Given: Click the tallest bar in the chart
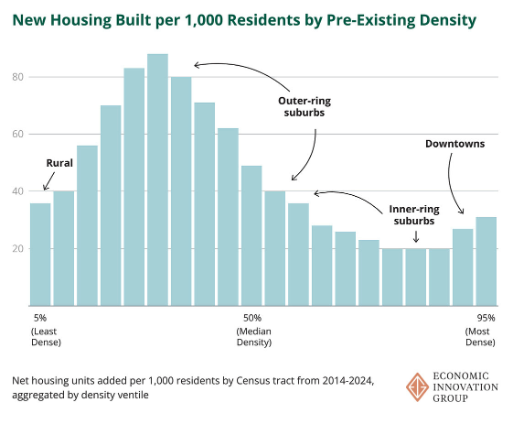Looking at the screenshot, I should coord(157,179).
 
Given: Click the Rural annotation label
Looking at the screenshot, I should coord(59,163).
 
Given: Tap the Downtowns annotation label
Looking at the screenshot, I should coord(454,144).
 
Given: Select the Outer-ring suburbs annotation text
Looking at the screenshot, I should coord(301,107).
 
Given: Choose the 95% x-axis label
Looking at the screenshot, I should coord(486,318).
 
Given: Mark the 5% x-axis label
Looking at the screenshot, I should coord(38,318).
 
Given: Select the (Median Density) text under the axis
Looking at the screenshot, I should coord(254,336).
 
